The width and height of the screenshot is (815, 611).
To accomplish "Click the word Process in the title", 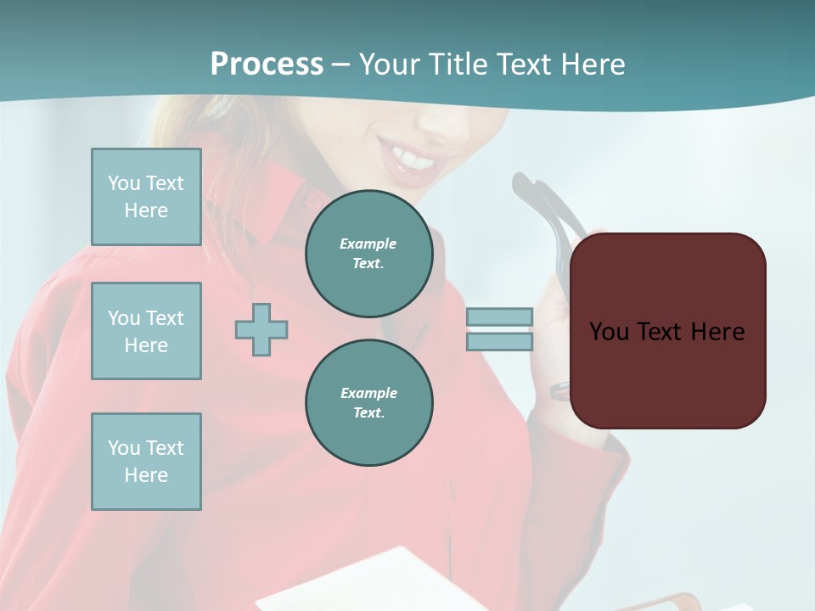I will point(267,64).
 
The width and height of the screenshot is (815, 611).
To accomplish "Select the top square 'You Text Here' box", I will point(146,197).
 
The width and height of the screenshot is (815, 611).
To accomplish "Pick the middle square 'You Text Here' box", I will point(146,331).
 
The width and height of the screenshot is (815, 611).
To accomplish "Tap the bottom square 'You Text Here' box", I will point(146,462).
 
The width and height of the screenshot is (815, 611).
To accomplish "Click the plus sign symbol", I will point(261,329).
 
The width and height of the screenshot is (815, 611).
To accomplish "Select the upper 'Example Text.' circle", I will point(368,253).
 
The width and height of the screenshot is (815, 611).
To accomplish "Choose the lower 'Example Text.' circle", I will point(368,402).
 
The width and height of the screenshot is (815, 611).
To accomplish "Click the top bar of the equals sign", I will point(499,317).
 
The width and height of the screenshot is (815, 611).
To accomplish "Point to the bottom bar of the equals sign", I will point(499,341).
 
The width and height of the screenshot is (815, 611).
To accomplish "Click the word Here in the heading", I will point(593,64).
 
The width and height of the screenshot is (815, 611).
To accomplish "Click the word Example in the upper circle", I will point(368,244).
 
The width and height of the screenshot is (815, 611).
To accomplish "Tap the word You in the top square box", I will point(124,183).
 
